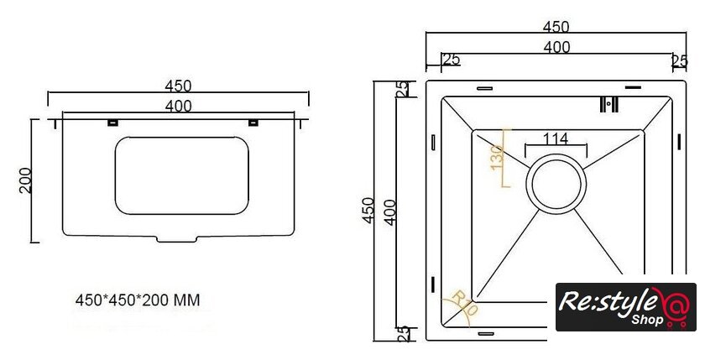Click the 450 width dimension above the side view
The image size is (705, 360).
(178, 86)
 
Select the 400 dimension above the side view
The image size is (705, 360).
(178, 106)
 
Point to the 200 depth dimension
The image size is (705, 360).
(26, 180)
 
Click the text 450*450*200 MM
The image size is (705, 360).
(138, 300)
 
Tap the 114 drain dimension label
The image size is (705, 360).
(556, 138)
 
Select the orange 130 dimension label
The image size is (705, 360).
(496, 157)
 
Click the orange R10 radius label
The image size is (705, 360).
(465, 303)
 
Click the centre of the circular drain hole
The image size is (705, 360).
(556, 184)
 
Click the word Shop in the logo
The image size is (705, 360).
(647, 320)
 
